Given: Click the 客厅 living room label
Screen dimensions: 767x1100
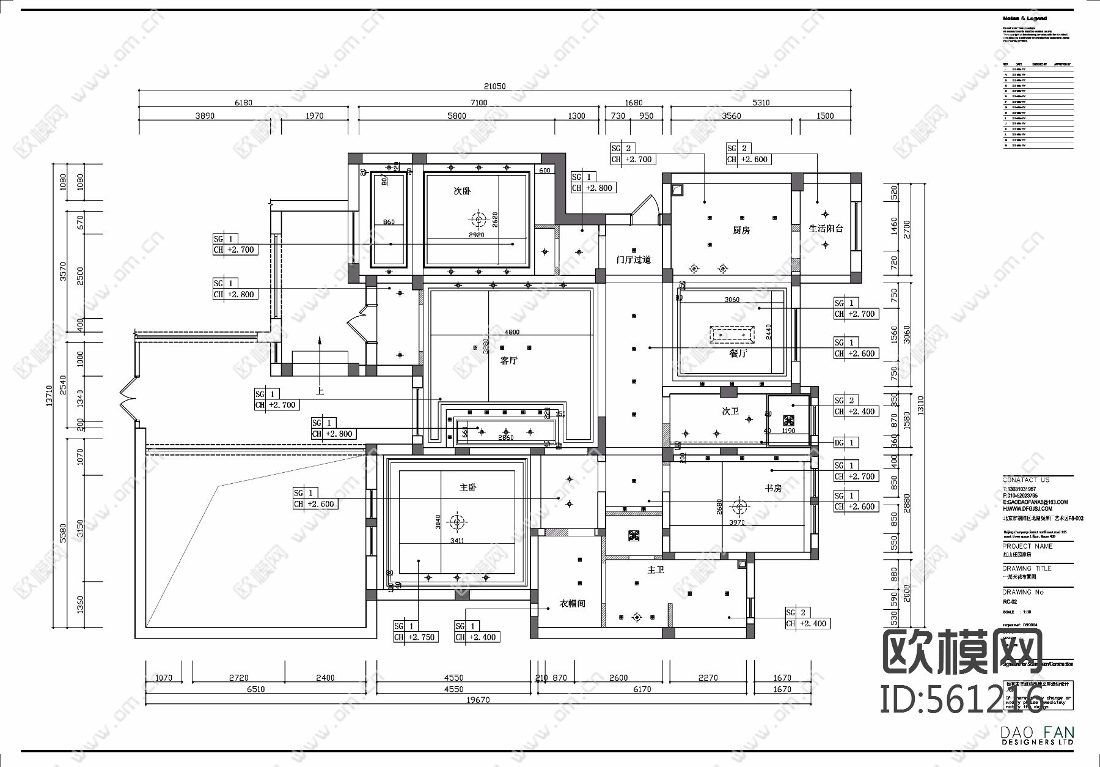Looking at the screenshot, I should point(508,360).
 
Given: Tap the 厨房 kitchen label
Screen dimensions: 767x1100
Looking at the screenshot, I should point(741,231).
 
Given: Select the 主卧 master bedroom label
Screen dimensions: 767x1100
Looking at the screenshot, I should point(468,487).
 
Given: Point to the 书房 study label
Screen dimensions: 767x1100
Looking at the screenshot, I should point(773,488).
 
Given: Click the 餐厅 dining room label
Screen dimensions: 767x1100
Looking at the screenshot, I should point(738,353).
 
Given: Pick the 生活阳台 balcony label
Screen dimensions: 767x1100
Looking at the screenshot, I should point(826,228).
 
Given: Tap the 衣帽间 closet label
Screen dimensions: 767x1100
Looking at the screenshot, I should point(573,603).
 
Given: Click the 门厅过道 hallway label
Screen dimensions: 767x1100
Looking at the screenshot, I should point(634,259).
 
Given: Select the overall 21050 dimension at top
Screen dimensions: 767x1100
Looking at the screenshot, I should point(494,86).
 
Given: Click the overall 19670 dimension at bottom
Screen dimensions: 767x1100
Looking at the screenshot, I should point(478,700).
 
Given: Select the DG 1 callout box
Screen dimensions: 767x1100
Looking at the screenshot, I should point(846,442).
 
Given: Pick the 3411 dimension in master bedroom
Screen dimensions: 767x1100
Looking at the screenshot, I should point(457,541).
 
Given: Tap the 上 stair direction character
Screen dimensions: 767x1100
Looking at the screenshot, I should point(319,389).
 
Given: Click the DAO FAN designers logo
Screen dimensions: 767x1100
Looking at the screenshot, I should point(1037,735).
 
